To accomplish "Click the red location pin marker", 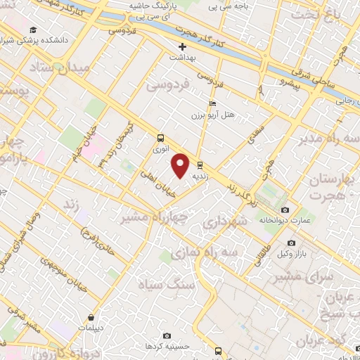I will [x=181, y=165].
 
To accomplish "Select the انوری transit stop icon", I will [x=160, y=138].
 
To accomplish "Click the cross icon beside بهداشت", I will [x=182, y=47].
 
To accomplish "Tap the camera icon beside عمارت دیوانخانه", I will [x=285, y=210].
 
